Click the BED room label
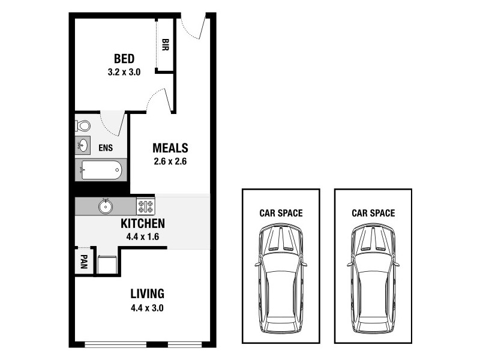124,59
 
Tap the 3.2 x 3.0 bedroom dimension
124,72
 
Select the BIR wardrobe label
165,45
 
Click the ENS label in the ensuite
106,148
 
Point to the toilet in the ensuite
82,126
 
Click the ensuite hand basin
82,146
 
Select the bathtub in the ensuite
101,170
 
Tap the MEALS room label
170,148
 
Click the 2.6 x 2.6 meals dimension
170,161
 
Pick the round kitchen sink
106,206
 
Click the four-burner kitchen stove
145,206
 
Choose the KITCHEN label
143,224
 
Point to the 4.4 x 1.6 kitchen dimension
143,236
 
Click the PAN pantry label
83,262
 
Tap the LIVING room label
148,294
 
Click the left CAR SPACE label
281,212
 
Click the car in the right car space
373,278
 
